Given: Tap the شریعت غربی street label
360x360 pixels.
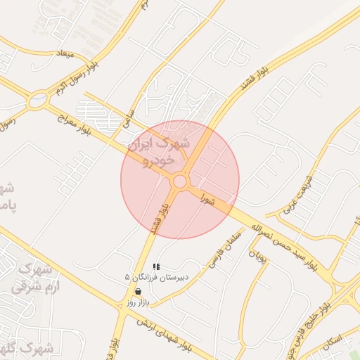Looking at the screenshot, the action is tap(296, 194).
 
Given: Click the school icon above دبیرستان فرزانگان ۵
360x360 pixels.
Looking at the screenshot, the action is tap(156, 266).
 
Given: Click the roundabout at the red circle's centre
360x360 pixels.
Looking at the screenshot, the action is tap(180, 181).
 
